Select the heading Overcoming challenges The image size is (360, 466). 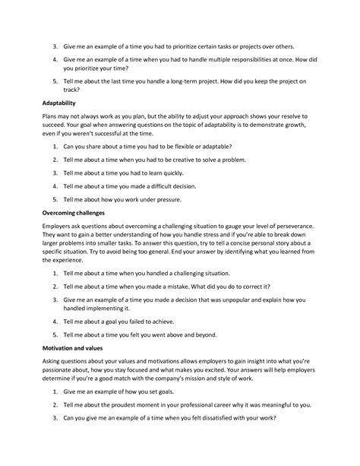[70, 213]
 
